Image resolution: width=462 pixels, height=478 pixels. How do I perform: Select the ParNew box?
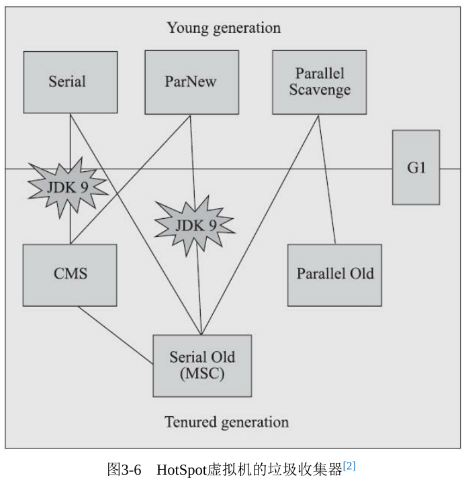[191, 82]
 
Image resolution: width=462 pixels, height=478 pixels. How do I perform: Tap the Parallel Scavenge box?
[319, 82]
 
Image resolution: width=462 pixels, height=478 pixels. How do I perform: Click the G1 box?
[416, 167]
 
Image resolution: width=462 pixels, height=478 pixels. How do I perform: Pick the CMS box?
[70, 274]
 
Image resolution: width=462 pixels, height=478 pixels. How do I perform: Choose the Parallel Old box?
[334, 274]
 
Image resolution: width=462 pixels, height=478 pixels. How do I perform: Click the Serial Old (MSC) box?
[202, 365]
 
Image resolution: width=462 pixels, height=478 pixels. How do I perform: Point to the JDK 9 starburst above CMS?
[67, 187]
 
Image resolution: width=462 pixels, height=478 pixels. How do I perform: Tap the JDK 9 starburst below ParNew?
[195, 225]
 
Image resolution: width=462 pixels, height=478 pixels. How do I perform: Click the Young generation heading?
[224, 28]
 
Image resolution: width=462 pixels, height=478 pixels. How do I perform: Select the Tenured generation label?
[226, 422]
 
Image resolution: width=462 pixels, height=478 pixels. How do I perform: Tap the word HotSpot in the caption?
[181, 469]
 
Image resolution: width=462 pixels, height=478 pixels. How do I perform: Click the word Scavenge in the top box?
[320, 90]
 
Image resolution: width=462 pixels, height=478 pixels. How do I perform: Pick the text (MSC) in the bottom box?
[202, 374]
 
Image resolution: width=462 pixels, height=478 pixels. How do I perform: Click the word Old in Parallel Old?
[361, 274]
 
